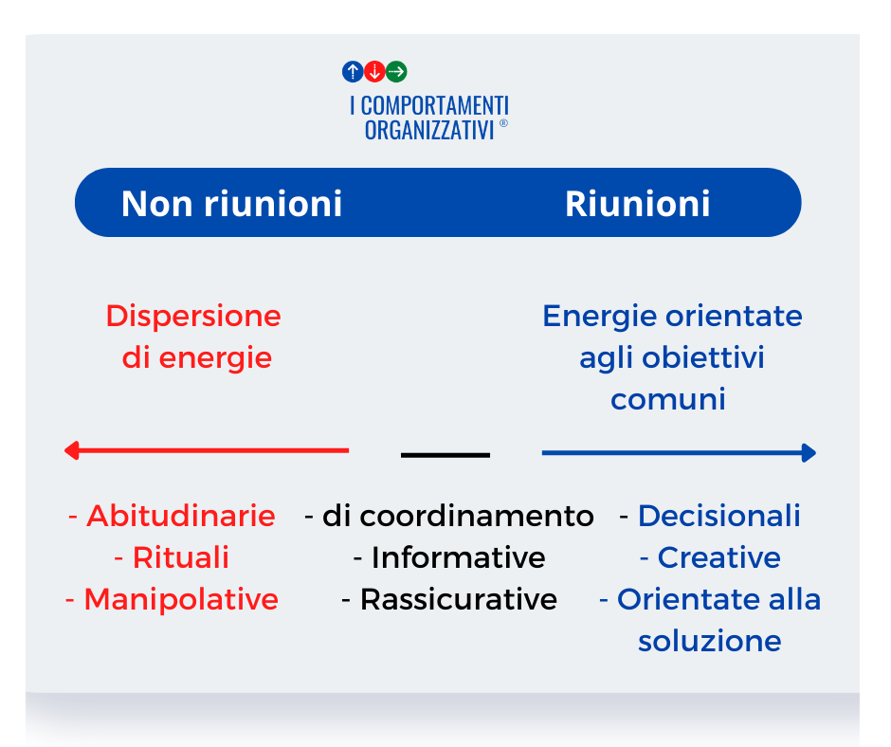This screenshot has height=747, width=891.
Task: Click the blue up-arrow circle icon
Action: (353, 72)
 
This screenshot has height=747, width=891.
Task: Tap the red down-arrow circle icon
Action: (374, 72)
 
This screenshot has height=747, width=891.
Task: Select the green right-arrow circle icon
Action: (396, 72)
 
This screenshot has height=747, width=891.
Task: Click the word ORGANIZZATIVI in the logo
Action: (429, 130)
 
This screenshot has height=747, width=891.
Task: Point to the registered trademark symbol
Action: (503, 123)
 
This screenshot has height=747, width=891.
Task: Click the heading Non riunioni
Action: (232, 203)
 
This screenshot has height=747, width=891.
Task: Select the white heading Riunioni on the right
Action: (638, 203)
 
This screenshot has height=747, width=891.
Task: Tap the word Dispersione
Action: (193, 316)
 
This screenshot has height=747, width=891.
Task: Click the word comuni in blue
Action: (668, 399)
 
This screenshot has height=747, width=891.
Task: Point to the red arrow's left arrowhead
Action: (71, 450)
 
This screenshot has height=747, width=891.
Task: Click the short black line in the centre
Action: (445, 455)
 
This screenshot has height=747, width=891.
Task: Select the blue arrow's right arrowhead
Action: (809, 453)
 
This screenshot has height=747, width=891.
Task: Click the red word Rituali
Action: (181, 557)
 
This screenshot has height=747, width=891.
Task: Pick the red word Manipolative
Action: (181, 599)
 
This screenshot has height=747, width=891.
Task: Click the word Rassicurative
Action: (459, 599)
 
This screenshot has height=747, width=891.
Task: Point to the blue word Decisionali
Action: (718, 516)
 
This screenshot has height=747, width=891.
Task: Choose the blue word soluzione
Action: (710, 641)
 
